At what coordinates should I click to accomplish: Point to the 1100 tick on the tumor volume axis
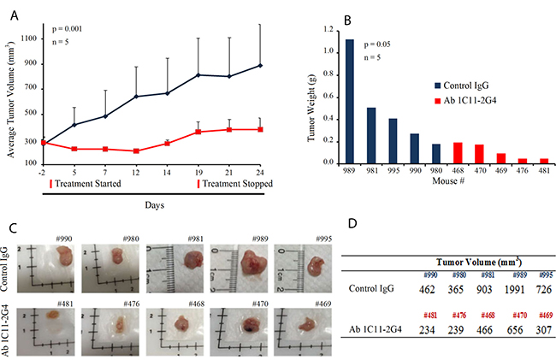click(29, 38)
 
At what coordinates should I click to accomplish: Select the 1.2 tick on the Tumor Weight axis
click(328, 28)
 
